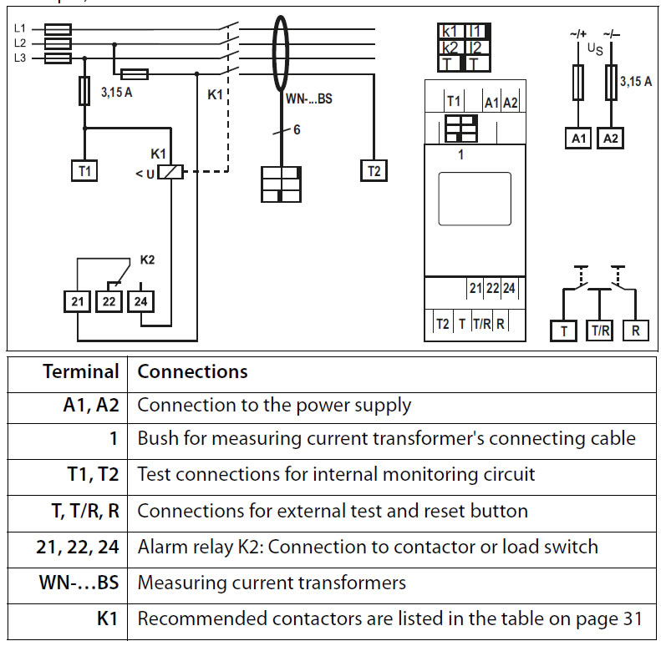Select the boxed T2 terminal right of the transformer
[x=374, y=170]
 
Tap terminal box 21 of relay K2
[x=79, y=300]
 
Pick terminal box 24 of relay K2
[x=140, y=300]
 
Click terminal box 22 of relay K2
[x=109, y=300]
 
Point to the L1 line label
[x=20, y=28]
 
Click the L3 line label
[x=20, y=57]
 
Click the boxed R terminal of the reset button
[x=635, y=331]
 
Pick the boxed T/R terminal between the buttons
[x=601, y=331]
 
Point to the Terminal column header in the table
[x=81, y=371]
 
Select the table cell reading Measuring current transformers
[x=272, y=582]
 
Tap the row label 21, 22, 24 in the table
[x=78, y=547]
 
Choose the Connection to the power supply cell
[x=274, y=406]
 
